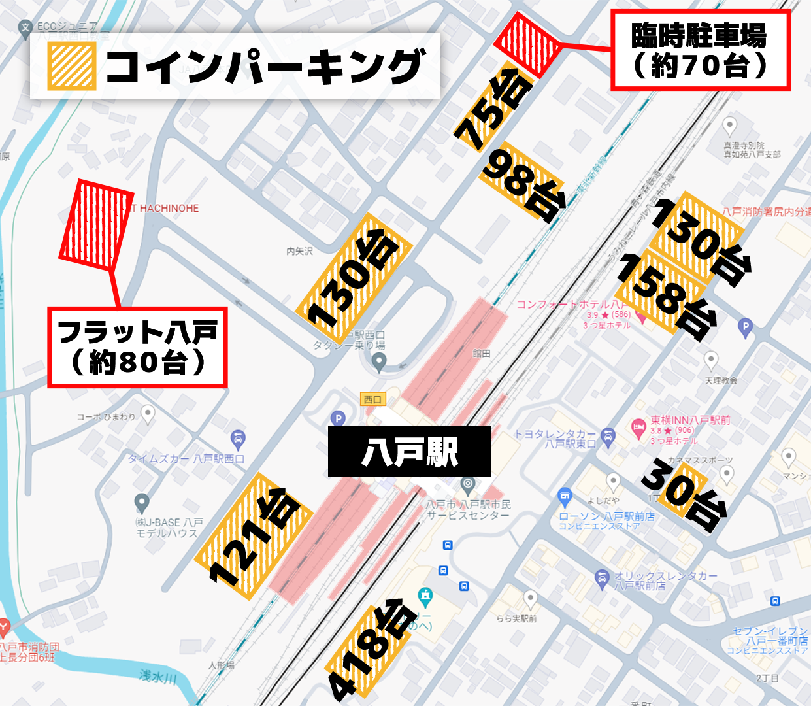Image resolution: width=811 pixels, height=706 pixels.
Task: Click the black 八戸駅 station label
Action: coord(409,452)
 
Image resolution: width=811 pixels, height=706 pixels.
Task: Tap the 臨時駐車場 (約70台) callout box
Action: coord(700,50)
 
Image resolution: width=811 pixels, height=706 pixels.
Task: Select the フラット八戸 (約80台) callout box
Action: coord(137,347)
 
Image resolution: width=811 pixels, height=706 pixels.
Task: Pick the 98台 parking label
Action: coord(523,182)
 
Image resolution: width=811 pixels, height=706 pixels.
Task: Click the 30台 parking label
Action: coord(684,493)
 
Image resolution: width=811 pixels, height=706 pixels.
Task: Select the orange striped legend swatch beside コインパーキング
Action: coord(71,66)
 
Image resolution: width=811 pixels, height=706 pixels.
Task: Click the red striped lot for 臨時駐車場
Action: coord(527,43)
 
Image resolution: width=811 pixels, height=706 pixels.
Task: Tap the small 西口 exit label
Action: coord(372,399)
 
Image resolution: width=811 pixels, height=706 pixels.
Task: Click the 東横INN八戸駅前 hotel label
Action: coord(690,420)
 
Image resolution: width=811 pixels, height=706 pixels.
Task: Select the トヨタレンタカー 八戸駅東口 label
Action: coord(555,439)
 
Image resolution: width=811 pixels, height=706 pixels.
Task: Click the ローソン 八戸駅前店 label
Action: coord(606,516)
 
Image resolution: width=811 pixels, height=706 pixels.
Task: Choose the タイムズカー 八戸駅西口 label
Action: coord(186,459)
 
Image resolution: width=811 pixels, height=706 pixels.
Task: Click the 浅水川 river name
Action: coord(157,676)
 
